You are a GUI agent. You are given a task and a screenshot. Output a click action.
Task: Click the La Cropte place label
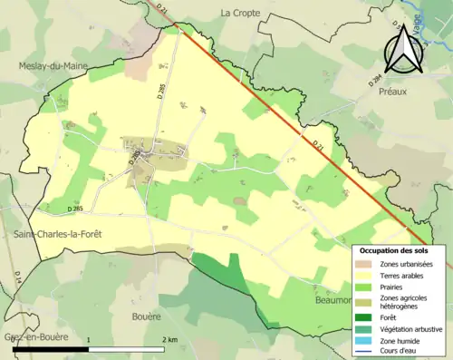pyautogui.click(x=239, y=13)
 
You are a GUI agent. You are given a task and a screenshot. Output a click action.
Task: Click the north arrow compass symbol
pyautogui.click(x=403, y=51)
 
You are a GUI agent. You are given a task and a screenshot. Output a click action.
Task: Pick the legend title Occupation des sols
pyautogui.click(x=396, y=249)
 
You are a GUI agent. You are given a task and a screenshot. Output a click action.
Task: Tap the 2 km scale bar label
pyautogui.click(x=169, y=339)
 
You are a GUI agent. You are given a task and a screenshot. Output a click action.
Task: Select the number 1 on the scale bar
pyautogui.click(x=88, y=339)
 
